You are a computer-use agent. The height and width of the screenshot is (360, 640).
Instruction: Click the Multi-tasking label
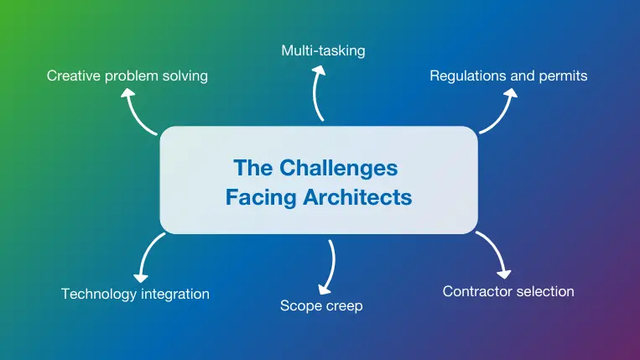click(x=323, y=50)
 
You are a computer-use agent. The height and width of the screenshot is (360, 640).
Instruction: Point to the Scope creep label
click(x=321, y=305)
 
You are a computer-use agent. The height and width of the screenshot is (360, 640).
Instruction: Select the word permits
click(x=562, y=76)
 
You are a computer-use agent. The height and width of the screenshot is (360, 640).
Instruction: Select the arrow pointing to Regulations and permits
click(x=501, y=109)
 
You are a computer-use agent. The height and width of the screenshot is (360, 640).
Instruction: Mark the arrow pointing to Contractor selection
click(x=496, y=255)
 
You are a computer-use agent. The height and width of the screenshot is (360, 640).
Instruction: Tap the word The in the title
click(x=253, y=167)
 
